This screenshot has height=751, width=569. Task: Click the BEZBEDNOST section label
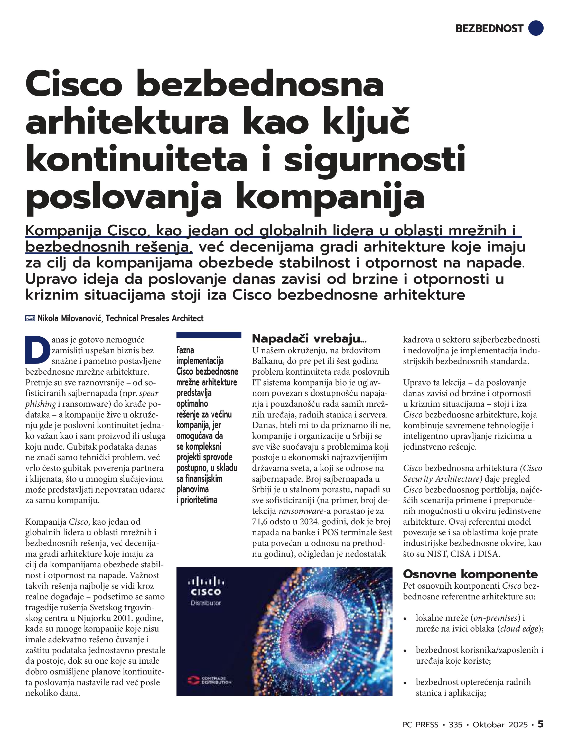[489, 29]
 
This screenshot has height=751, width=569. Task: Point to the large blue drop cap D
[35, 349]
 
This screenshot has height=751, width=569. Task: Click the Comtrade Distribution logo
[209, 680]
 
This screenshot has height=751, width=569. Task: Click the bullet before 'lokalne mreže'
[405, 619]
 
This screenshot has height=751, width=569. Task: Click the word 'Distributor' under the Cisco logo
[206, 603]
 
